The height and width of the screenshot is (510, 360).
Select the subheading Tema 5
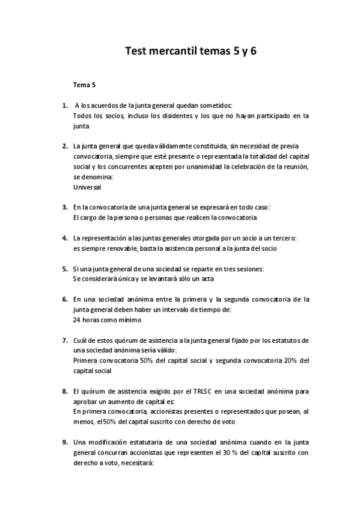click(85, 86)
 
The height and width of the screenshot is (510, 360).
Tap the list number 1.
click(65, 106)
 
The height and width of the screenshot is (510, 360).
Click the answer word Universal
click(88, 187)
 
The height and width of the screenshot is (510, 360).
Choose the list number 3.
click(65, 207)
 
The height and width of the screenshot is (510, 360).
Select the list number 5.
click(65, 268)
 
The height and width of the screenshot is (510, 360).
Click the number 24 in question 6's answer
click(77, 319)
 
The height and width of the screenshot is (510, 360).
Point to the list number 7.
click(65, 340)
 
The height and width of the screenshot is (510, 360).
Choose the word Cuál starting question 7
click(81, 340)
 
